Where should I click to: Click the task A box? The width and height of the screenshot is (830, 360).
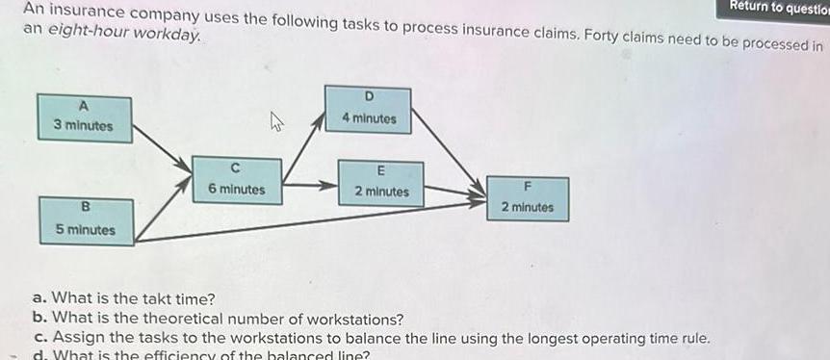point(85,117)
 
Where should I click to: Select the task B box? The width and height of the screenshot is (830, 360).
point(87,220)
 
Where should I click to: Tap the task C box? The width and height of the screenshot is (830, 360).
point(236,179)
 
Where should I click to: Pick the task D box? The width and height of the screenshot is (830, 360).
point(369,110)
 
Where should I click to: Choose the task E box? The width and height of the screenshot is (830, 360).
point(380,183)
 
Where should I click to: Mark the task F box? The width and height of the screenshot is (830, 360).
point(527,198)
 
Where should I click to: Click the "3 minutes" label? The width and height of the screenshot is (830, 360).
point(84,126)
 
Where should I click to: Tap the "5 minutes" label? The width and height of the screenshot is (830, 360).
point(86,230)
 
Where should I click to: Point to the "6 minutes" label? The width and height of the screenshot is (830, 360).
point(236,189)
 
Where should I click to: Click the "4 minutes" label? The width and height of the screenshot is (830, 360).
point(369,118)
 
